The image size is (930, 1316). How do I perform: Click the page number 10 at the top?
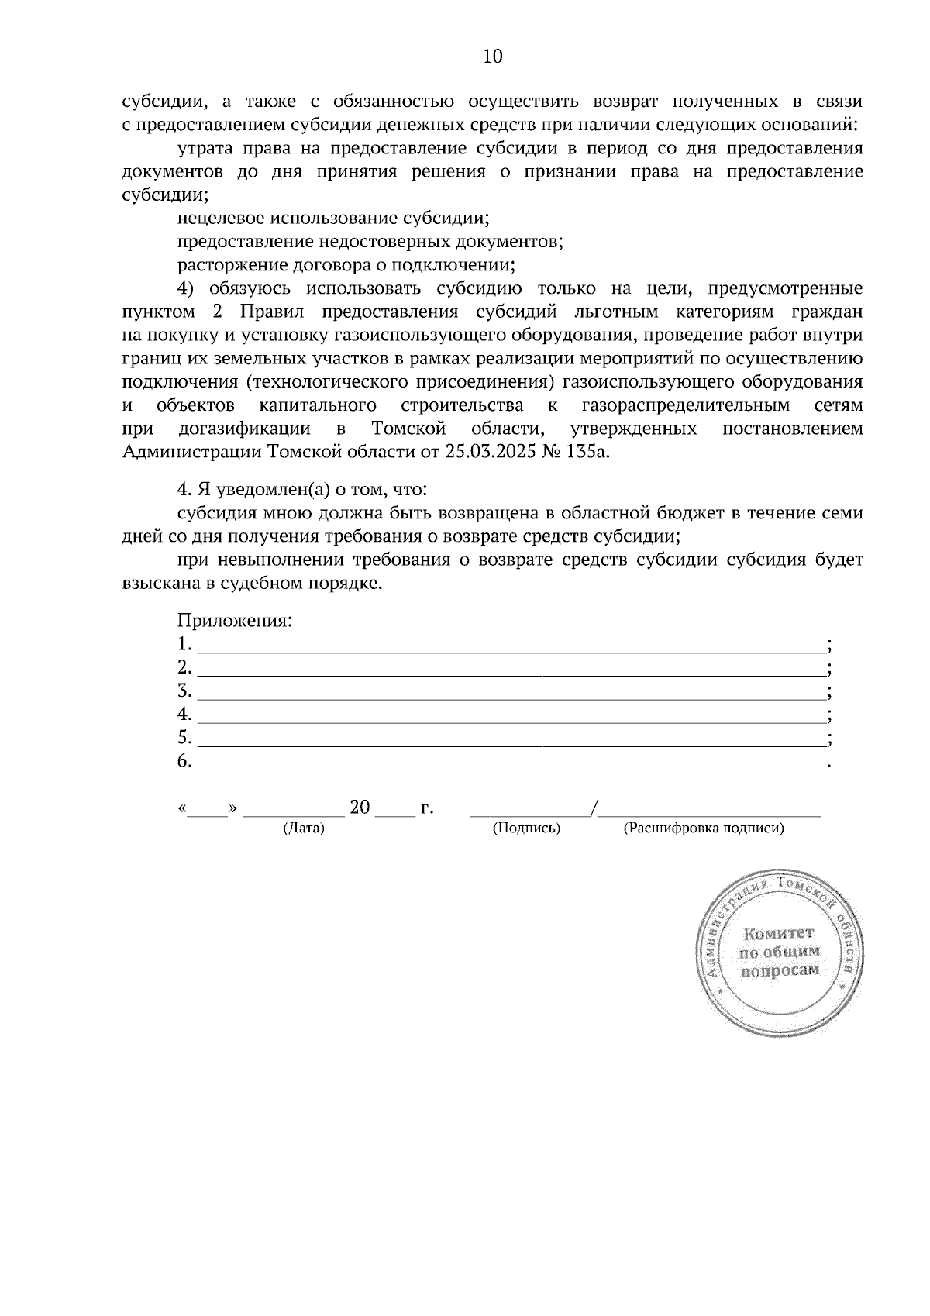(493, 57)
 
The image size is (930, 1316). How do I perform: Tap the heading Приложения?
(235, 621)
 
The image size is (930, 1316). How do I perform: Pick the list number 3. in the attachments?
(184, 691)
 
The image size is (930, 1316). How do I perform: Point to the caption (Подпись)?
(526, 829)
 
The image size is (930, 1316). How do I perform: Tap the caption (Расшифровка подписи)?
(704, 829)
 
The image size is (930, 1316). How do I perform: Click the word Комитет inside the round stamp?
(778, 933)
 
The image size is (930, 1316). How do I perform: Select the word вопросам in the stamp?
(780, 971)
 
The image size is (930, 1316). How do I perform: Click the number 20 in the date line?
(360, 808)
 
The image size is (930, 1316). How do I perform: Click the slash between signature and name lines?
(594, 808)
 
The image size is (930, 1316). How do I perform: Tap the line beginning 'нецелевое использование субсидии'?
(333, 218)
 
